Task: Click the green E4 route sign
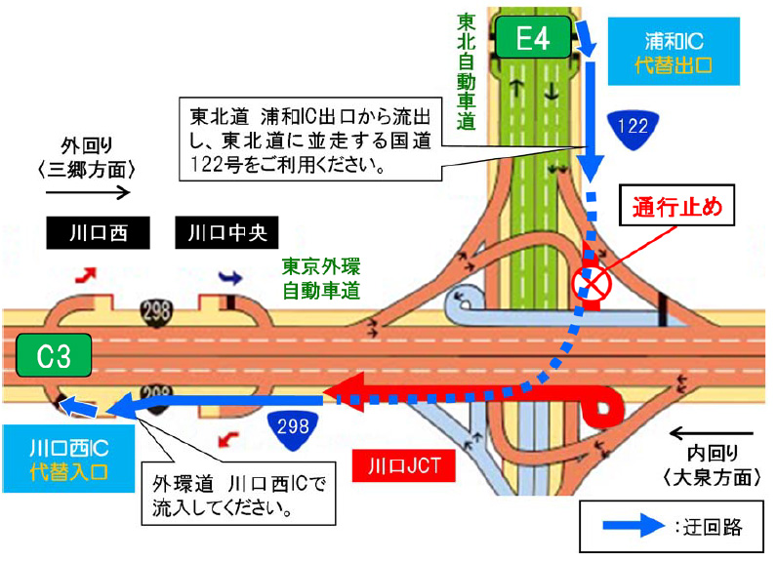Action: (x=534, y=39)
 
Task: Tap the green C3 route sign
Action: (x=55, y=355)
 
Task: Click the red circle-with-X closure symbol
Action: (x=591, y=283)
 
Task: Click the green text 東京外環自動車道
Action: (x=321, y=277)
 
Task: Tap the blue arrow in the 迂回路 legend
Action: (x=635, y=529)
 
